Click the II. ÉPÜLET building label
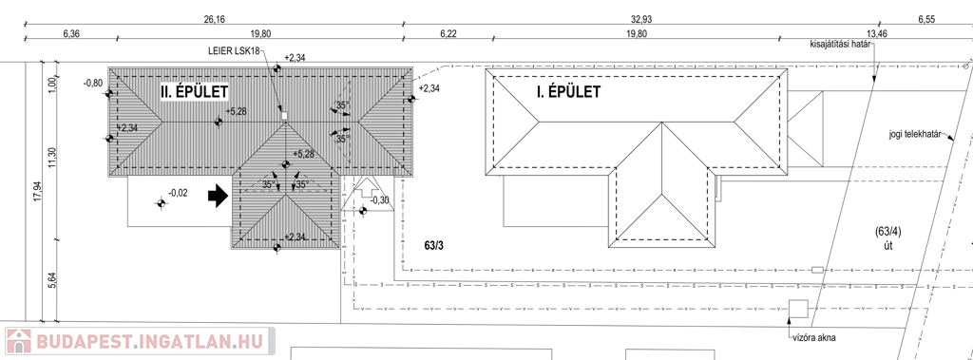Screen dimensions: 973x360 tap(194, 92)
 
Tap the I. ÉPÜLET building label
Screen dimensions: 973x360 tap(568, 92)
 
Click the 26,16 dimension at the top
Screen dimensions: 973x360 tap(214, 19)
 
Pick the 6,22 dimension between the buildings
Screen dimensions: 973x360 tap(448, 33)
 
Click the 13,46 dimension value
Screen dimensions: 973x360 tap(877, 33)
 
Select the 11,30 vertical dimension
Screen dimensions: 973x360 tap(53, 157)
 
